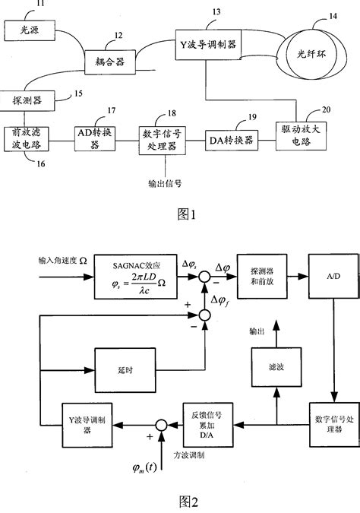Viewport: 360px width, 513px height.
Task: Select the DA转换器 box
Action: [232, 141]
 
